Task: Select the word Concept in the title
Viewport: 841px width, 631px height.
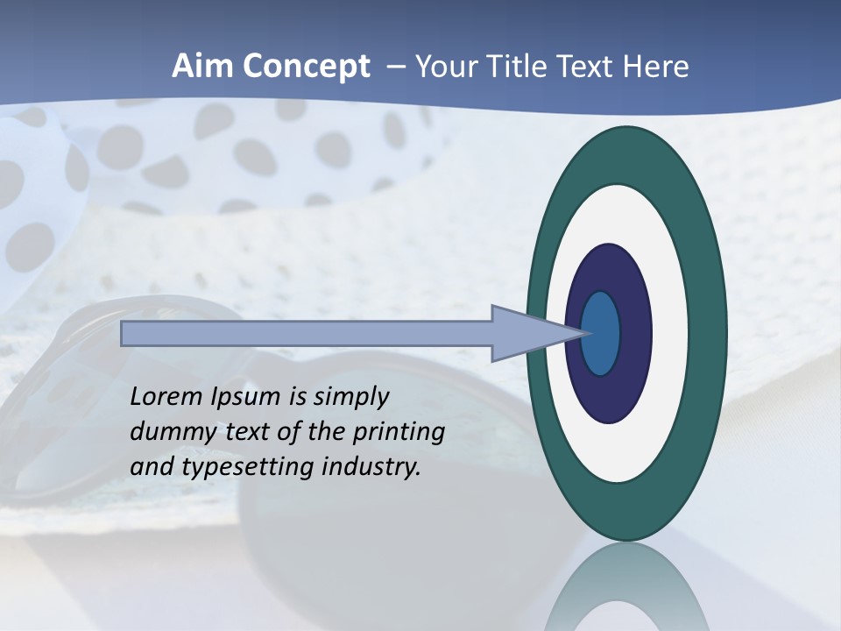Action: [x=306, y=67]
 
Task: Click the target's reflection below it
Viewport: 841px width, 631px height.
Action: [x=627, y=587]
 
